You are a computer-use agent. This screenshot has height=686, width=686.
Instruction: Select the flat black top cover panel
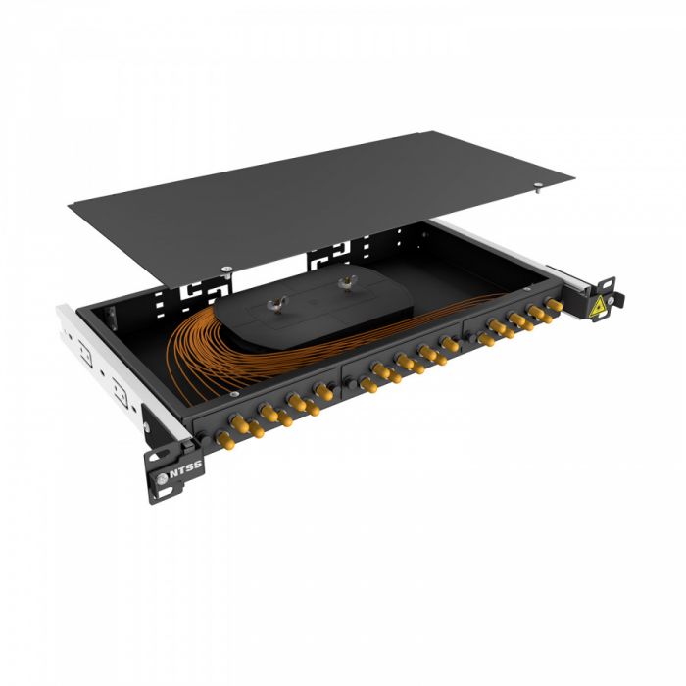[323, 186]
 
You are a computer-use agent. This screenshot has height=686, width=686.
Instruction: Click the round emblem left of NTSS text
[163, 479]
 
